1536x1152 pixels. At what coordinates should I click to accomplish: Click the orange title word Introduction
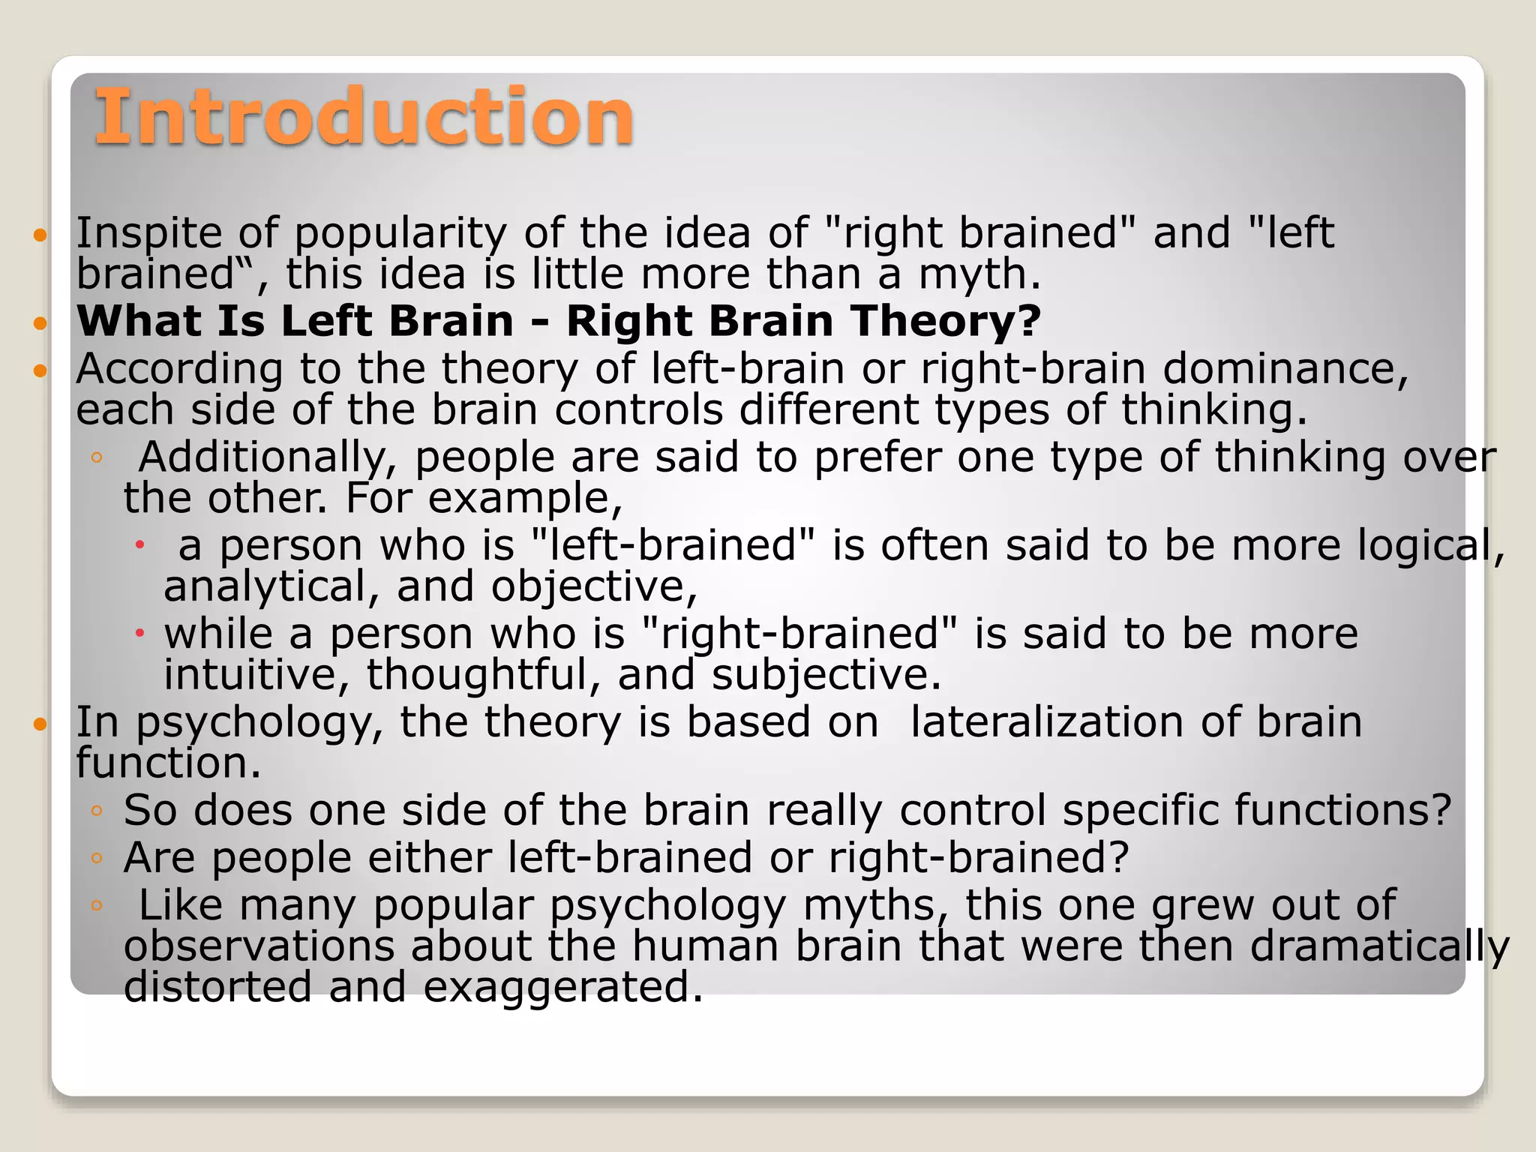point(364,117)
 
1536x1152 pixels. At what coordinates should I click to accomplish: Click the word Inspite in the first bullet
point(148,233)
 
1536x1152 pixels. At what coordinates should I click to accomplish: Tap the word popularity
point(400,233)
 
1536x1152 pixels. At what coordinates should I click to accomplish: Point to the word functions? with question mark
point(1342,811)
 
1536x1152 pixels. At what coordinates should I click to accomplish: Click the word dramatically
point(1378,946)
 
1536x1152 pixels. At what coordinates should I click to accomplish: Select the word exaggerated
point(562,987)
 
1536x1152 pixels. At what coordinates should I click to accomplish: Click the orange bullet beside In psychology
point(40,724)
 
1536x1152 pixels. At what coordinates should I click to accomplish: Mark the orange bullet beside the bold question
point(40,323)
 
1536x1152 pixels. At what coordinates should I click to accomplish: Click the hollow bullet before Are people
point(96,858)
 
